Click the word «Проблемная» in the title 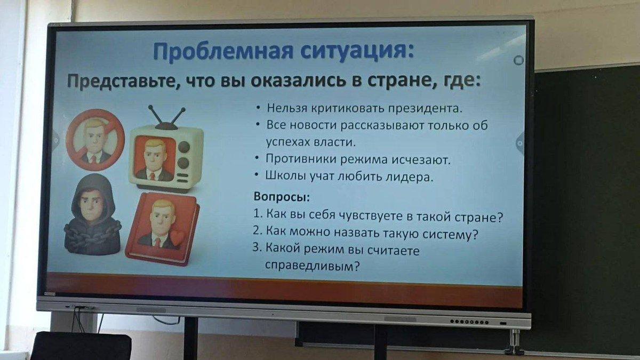(x=223, y=51)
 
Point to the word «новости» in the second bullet (x=313, y=125)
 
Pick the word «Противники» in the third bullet (x=301, y=159)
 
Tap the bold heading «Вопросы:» (x=282, y=197)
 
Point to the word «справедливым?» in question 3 (x=313, y=266)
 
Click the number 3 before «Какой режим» (x=257, y=247)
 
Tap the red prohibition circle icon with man (x=95, y=139)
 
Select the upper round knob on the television (x=183, y=147)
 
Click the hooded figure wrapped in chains (x=92, y=215)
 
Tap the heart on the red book (x=178, y=238)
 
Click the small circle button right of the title (x=518, y=60)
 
